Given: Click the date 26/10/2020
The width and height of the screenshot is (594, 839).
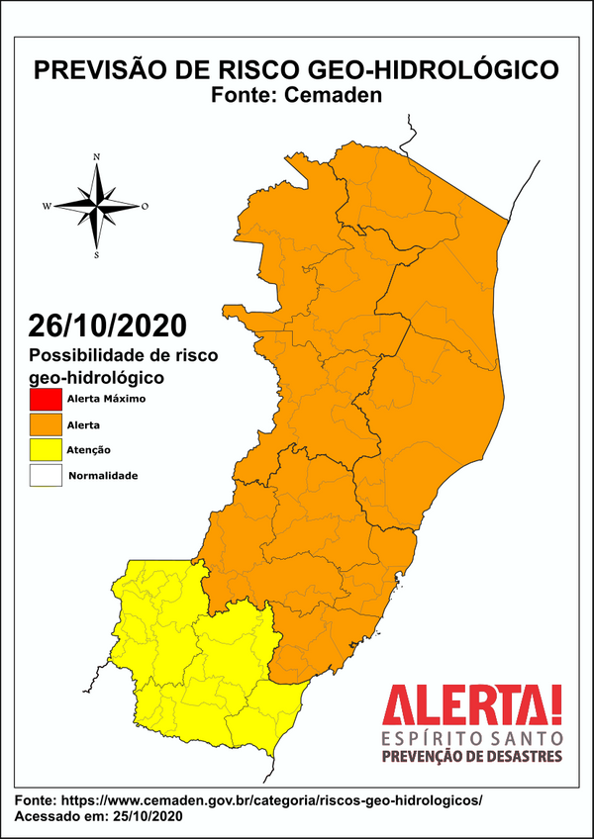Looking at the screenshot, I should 106,326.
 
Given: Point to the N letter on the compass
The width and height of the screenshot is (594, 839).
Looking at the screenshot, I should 96,157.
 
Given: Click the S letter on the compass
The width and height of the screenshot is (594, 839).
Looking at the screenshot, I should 96,255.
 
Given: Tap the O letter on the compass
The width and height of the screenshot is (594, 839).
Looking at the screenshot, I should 145,206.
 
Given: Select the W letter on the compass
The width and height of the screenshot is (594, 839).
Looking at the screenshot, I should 47,206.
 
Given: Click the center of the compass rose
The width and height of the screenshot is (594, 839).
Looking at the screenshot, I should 96,206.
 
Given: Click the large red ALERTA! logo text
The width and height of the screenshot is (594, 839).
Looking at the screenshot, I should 472,706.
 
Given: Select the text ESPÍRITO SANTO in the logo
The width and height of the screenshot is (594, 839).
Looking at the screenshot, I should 472,738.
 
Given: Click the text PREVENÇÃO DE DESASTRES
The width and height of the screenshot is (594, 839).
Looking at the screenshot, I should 472,757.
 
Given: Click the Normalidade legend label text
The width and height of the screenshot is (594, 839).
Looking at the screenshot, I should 102,476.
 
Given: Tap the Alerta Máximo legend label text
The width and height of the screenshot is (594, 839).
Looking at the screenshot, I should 106,401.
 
